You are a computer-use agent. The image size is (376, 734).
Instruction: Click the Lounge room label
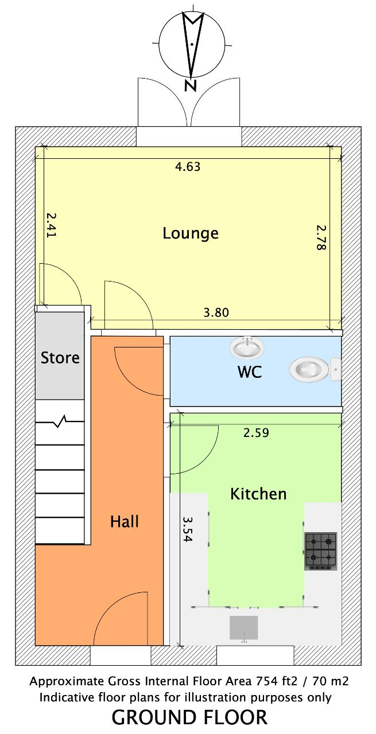pos(191,233)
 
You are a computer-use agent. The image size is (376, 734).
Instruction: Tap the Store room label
pos(60,357)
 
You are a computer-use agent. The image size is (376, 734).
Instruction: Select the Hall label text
pos(125,521)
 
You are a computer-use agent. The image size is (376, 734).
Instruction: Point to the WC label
pos(250,372)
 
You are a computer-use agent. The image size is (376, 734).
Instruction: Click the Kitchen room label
pos(258,494)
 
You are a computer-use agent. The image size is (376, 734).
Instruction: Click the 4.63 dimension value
pos(188,167)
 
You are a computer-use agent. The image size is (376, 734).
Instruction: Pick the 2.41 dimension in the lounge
pos(51,225)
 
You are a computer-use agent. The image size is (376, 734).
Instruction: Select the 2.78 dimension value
pos(321,238)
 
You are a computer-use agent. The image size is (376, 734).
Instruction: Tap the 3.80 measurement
pos(216,313)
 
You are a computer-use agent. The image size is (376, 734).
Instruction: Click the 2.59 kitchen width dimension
pos(256,433)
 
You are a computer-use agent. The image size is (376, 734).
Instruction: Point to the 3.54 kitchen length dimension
pos(188,529)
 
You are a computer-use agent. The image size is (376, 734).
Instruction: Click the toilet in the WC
pos(315,369)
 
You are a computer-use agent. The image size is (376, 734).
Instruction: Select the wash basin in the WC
pos(247,347)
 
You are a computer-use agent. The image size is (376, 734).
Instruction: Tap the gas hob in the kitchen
pos(320,551)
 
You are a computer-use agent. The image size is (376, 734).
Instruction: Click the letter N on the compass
pos(191,85)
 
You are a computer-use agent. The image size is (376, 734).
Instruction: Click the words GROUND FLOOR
pos(189,717)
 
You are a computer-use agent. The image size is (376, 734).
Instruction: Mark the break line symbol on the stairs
pos(60,421)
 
